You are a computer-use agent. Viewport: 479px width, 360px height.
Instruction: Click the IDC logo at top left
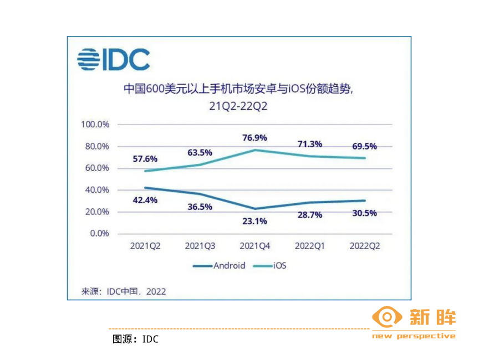tap(113, 59)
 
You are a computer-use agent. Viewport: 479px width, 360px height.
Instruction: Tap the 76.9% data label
tap(254, 138)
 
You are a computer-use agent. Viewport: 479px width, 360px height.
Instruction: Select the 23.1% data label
tap(254, 221)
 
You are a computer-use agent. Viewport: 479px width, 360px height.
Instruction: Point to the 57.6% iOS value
tap(145, 159)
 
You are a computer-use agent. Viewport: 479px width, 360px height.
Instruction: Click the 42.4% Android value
tap(145, 200)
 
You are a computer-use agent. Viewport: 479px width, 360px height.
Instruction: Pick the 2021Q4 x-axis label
tap(255, 246)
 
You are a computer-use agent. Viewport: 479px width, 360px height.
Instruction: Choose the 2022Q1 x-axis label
tap(309, 246)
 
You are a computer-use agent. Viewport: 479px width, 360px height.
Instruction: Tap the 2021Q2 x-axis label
tap(145, 246)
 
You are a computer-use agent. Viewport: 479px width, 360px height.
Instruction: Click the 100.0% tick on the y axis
tap(95, 125)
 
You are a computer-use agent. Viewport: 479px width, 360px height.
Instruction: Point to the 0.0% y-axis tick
tap(99, 234)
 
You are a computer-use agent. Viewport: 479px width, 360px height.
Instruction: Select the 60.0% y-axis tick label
tap(97, 168)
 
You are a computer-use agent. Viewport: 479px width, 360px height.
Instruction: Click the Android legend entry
tap(219, 266)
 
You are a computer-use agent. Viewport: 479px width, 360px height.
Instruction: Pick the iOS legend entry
tap(270, 266)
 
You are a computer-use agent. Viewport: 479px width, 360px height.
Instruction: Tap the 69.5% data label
tap(364, 146)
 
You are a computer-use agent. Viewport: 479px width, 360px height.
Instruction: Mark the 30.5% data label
tap(364, 213)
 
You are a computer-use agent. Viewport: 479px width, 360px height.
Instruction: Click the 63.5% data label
tap(200, 153)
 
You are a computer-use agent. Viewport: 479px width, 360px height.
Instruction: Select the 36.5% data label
tap(200, 207)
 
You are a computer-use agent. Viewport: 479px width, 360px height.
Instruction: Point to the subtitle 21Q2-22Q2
tap(238, 106)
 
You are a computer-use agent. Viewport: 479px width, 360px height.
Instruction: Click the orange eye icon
tap(387, 317)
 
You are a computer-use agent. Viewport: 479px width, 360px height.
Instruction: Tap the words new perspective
tap(414, 336)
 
